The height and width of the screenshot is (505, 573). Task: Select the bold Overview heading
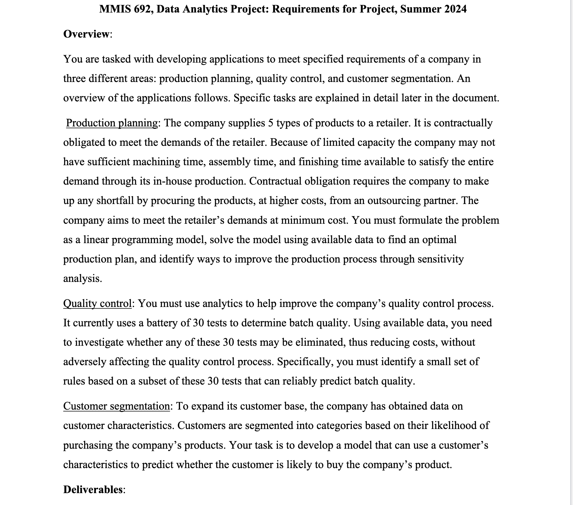pos(86,34)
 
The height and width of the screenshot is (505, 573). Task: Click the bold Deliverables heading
pos(93,489)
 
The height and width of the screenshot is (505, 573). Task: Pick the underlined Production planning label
pos(112,123)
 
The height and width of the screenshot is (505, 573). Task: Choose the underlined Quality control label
pos(97,304)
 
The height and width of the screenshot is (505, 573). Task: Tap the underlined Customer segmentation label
pos(116,406)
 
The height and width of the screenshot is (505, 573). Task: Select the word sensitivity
pos(442,259)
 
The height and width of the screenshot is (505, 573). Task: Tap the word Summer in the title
pos(420,9)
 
